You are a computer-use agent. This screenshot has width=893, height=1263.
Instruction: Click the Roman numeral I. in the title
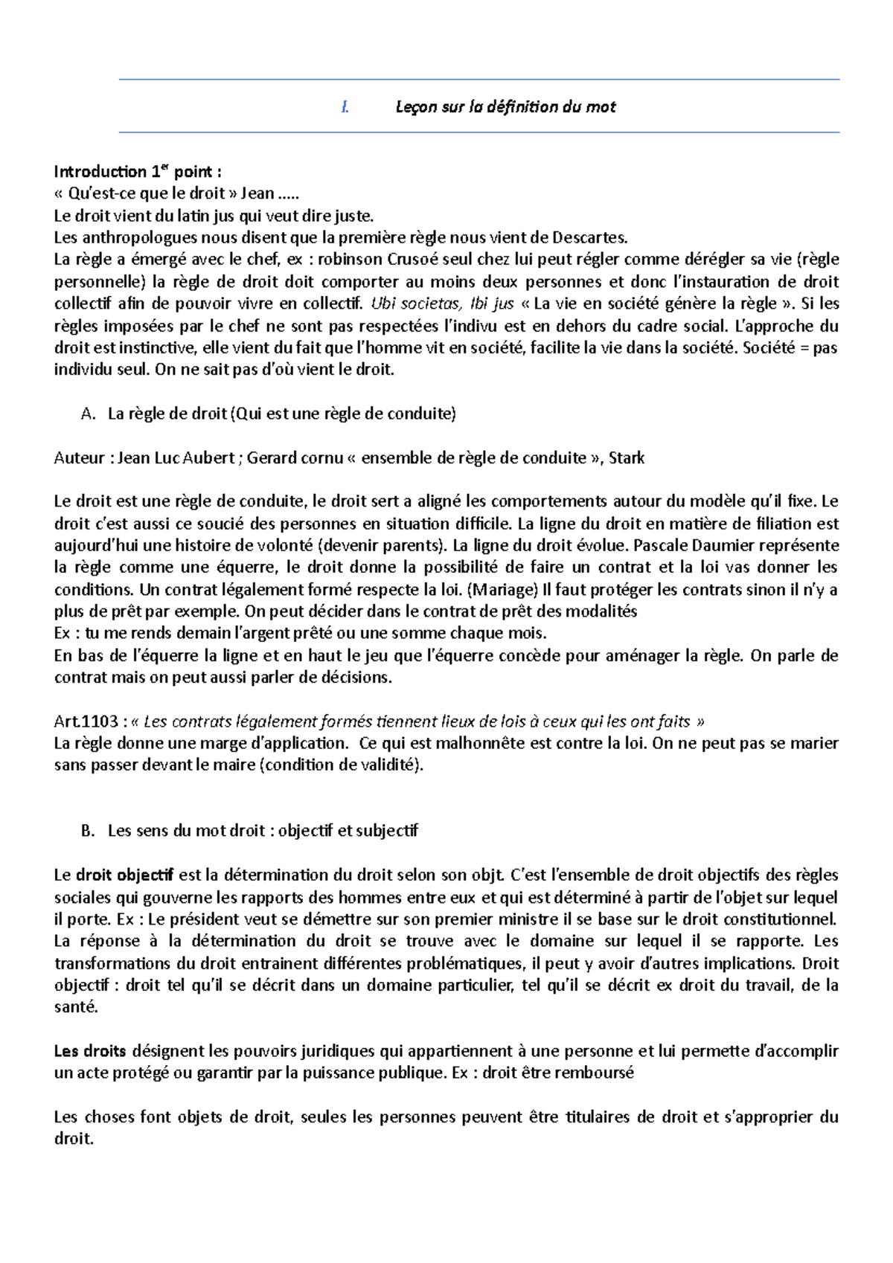[x=345, y=107]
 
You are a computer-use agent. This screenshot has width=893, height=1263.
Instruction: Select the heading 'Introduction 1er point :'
[x=138, y=173]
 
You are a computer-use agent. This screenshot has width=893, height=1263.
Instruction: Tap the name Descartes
[x=592, y=238]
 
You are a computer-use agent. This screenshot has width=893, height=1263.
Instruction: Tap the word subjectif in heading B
[x=387, y=832]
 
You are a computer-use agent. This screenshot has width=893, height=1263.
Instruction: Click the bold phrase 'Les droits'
[x=91, y=1052]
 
